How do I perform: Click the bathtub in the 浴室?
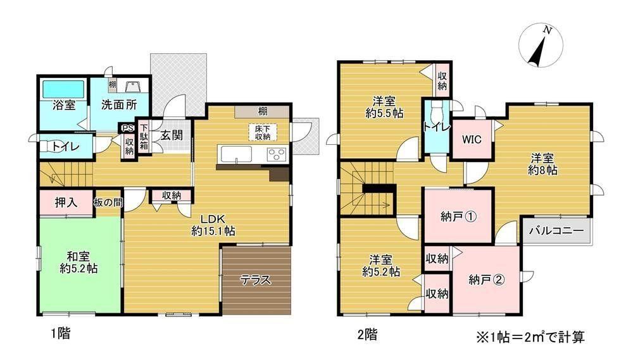pos(63,89)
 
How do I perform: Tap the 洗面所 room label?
pos(119,105)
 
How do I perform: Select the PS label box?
pos(128,128)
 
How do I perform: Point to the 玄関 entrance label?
pos(172,135)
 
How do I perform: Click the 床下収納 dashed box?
pos(263,132)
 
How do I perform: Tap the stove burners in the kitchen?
pos(277,154)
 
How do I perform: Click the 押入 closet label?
pos(66,202)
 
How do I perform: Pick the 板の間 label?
pos(108,202)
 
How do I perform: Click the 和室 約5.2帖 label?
pos(78,263)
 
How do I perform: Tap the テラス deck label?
pos(256,279)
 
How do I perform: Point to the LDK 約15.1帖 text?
pos(213,225)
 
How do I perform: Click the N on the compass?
pos(547,30)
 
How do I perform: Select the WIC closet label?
pos(472,140)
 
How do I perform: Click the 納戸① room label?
pos(458,217)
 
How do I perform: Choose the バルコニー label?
pos(556,232)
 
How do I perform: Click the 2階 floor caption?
pos(367,335)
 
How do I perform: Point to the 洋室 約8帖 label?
pos(542,164)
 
